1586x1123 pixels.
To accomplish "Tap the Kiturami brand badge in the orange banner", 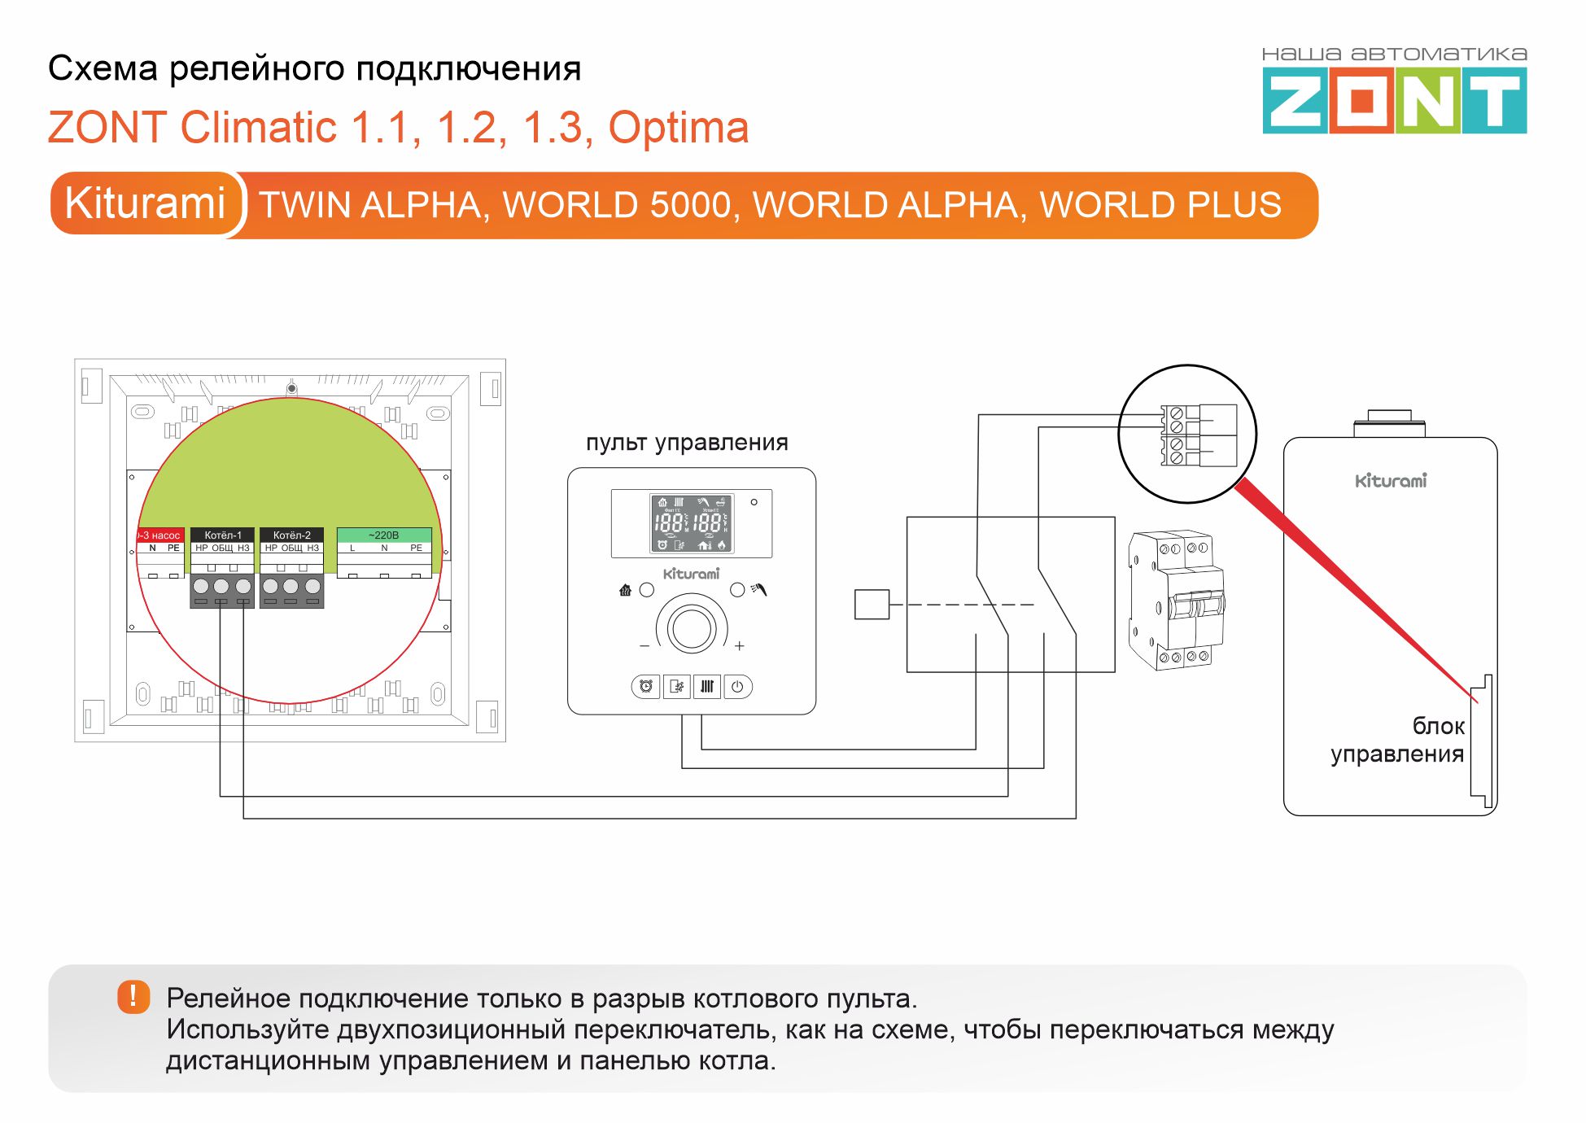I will point(145,203).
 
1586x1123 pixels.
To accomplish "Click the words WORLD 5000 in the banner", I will point(618,205).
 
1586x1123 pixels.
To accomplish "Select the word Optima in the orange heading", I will point(678,128).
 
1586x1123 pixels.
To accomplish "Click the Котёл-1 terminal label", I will point(222,535).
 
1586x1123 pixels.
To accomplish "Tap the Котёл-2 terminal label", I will point(291,535).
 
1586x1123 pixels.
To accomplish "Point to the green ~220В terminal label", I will point(383,535).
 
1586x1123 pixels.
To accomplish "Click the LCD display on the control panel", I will point(691,523).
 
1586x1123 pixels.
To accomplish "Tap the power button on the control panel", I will point(737,687).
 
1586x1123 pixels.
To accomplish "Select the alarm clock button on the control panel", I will point(645,687).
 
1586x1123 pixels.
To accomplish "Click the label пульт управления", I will point(687,443).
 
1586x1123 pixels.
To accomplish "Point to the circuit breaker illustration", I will point(1176,600).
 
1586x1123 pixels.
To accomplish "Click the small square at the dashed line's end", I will point(872,605).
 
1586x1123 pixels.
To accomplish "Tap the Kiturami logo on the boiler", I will point(1391,481).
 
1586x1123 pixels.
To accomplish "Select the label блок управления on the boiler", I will point(1398,740).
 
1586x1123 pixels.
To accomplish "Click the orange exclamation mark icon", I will point(133,996).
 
